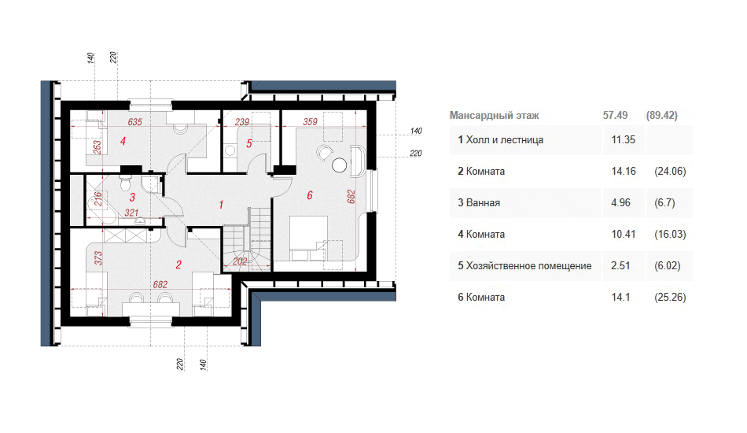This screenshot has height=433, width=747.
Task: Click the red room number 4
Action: (123, 141)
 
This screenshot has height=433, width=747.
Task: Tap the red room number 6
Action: (310, 195)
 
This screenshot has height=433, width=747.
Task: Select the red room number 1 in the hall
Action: (221, 205)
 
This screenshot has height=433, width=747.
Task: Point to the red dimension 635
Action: (134, 122)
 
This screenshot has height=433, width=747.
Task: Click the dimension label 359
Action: (310, 122)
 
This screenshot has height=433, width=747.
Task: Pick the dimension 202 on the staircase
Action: (240, 261)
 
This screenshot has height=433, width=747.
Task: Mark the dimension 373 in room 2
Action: (98, 258)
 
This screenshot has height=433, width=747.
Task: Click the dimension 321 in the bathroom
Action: (131, 213)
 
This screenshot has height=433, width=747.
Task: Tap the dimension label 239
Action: (242, 122)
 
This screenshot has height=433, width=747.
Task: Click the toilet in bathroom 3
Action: (125, 183)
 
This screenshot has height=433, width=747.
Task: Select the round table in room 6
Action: (339, 165)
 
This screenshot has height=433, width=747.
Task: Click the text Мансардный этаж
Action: (494, 116)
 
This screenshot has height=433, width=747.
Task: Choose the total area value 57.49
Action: (615, 116)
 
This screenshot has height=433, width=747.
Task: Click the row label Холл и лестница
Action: (505, 139)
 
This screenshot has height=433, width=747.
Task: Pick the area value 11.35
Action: (623, 139)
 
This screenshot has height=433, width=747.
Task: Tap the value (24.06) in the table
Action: (670, 171)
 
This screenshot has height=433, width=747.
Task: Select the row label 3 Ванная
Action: (479, 202)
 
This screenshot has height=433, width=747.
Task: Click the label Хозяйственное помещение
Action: (529, 265)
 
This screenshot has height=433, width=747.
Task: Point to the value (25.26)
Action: (670, 297)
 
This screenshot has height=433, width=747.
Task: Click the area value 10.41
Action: (623, 234)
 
